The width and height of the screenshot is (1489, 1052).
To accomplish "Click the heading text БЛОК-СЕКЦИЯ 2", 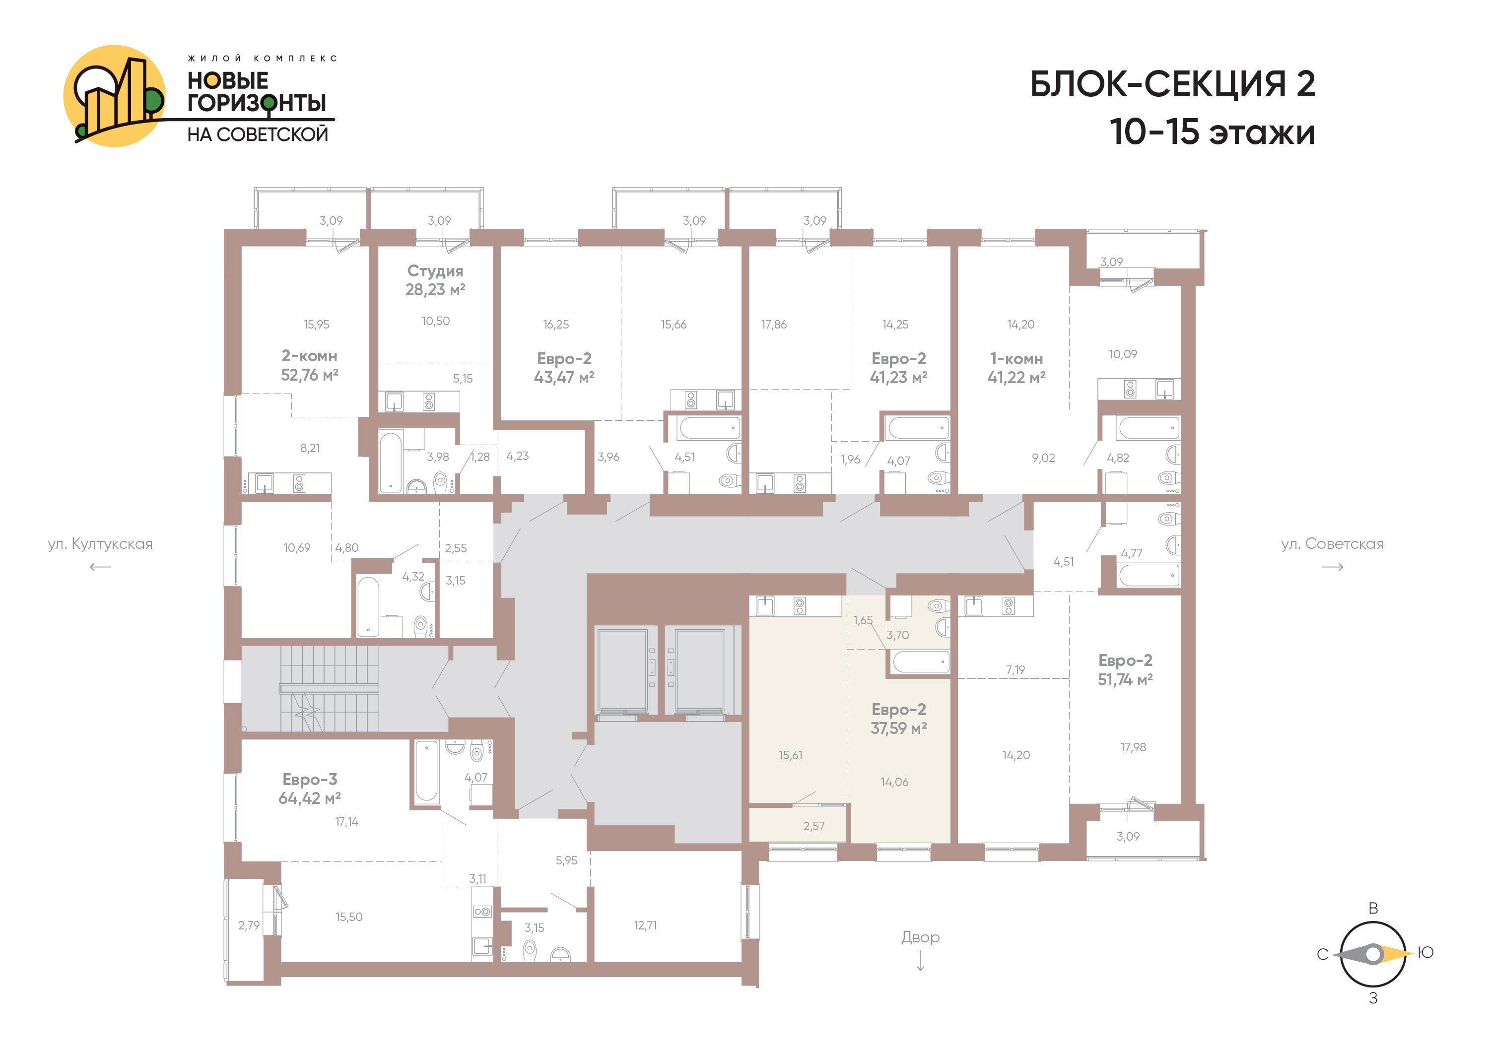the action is (x=1172, y=84).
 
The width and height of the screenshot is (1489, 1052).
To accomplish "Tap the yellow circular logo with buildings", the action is (x=114, y=96).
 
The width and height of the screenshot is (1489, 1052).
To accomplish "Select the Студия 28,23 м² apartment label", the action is (x=435, y=280).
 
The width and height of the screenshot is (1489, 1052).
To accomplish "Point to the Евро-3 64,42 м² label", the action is (x=309, y=789).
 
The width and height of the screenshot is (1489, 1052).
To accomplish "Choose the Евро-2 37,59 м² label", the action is (x=898, y=719).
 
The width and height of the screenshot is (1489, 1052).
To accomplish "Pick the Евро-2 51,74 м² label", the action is (x=1125, y=669).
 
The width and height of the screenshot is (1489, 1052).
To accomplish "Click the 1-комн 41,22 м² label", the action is (x=1016, y=368).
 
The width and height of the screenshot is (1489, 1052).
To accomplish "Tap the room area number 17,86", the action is (x=774, y=324).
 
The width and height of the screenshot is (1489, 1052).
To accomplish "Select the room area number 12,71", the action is (x=645, y=925).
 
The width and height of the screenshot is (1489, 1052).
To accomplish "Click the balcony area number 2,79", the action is (x=249, y=925).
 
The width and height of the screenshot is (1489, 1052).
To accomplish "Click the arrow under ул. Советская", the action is (x=1332, y=567).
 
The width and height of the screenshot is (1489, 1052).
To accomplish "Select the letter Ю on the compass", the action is (x=1425, y=952).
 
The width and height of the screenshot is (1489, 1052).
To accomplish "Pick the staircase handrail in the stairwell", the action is (x=329, y=688).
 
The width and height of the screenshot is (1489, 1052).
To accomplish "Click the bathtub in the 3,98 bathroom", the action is (x=391, y=462).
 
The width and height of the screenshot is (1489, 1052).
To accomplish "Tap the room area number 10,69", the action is (x=296, y=548).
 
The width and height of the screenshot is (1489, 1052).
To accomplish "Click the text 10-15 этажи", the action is (x=1212, y=131).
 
